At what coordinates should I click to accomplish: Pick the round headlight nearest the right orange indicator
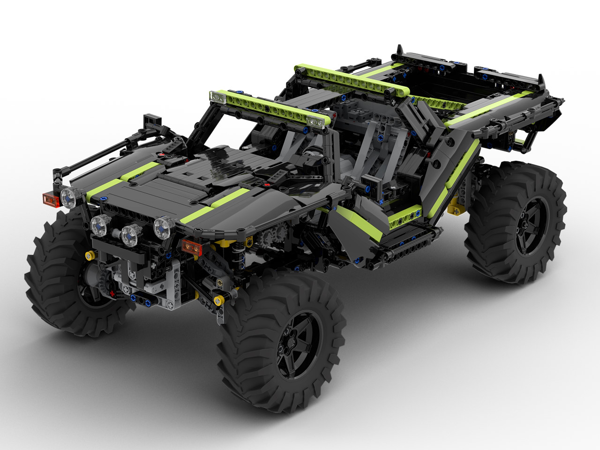tap(162, 226)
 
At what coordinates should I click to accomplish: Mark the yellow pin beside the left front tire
tap(88, 255)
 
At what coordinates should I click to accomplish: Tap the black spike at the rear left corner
tap(400, 50)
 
